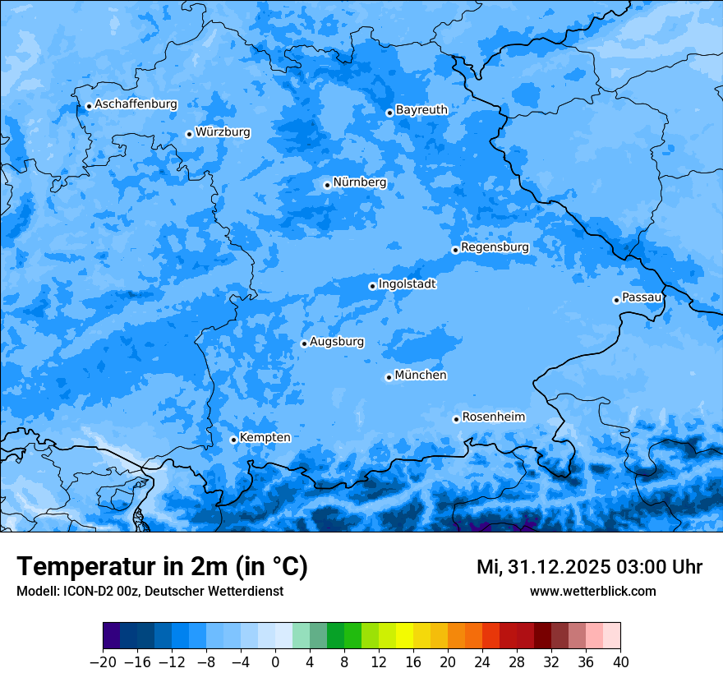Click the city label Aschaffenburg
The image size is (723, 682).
coord(136,104)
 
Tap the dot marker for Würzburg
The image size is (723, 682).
coord(189,134)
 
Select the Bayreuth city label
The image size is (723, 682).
coord(421,109)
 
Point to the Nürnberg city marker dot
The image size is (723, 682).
coord(327,185)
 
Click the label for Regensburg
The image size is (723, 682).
coord(495,247)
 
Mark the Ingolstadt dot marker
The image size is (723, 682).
coord(372,286)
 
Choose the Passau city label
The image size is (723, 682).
coord(642,297)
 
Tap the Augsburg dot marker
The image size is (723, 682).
coord(304,343)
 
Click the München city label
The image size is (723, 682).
coord(421,375)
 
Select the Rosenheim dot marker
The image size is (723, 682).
coord(456,419)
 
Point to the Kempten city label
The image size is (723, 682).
coord(265,437)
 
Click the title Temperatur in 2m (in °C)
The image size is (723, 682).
coord(162,567)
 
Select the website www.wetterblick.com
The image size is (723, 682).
coord(592,591)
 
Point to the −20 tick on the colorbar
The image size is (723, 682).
coord(103,662)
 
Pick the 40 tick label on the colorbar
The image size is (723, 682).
coord(620,662)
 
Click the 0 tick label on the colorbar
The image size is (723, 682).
coord(275,662)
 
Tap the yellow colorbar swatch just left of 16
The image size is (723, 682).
coord(404,636)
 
